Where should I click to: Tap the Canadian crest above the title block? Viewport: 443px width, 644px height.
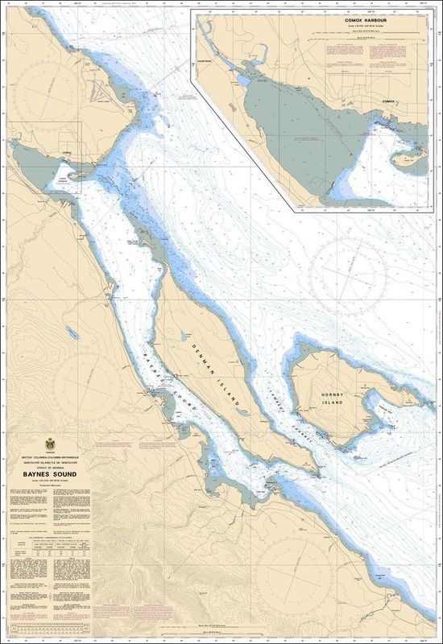(49, 444)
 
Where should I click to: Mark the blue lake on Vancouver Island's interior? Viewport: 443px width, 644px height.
(71, 331)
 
